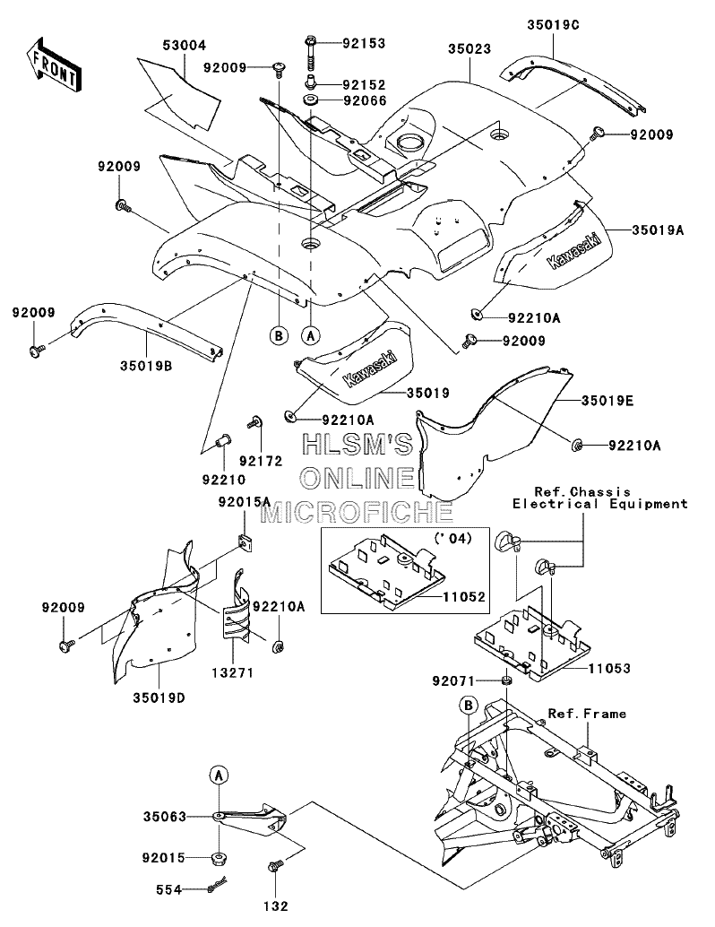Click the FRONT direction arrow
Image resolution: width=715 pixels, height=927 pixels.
(53, 64)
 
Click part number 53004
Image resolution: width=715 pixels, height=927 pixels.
(185, 46)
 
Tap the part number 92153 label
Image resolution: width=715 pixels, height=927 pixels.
(365, 43)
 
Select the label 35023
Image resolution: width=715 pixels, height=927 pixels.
(469, 48)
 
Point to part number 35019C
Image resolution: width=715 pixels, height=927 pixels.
(553, 25)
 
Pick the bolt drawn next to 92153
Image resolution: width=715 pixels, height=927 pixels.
(312, 53)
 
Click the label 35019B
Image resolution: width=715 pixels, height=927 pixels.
(146, 366)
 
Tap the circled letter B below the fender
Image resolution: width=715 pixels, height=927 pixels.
(279, 335)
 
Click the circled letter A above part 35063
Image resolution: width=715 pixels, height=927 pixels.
(219, 775)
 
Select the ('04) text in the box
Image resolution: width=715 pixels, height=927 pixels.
(452, 539)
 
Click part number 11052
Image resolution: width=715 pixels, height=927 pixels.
(464, 597)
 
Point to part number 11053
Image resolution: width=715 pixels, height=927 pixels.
(609, 668)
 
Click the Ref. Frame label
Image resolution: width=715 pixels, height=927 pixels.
(587, 714)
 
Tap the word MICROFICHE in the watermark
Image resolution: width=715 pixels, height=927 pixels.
(357, 512)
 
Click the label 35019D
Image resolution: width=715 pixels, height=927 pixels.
(159, 698)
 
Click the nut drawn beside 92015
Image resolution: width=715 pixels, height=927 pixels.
(220, 857)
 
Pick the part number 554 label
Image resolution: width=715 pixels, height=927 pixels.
(169, 889)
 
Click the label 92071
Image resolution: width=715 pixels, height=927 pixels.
(453, 681)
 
